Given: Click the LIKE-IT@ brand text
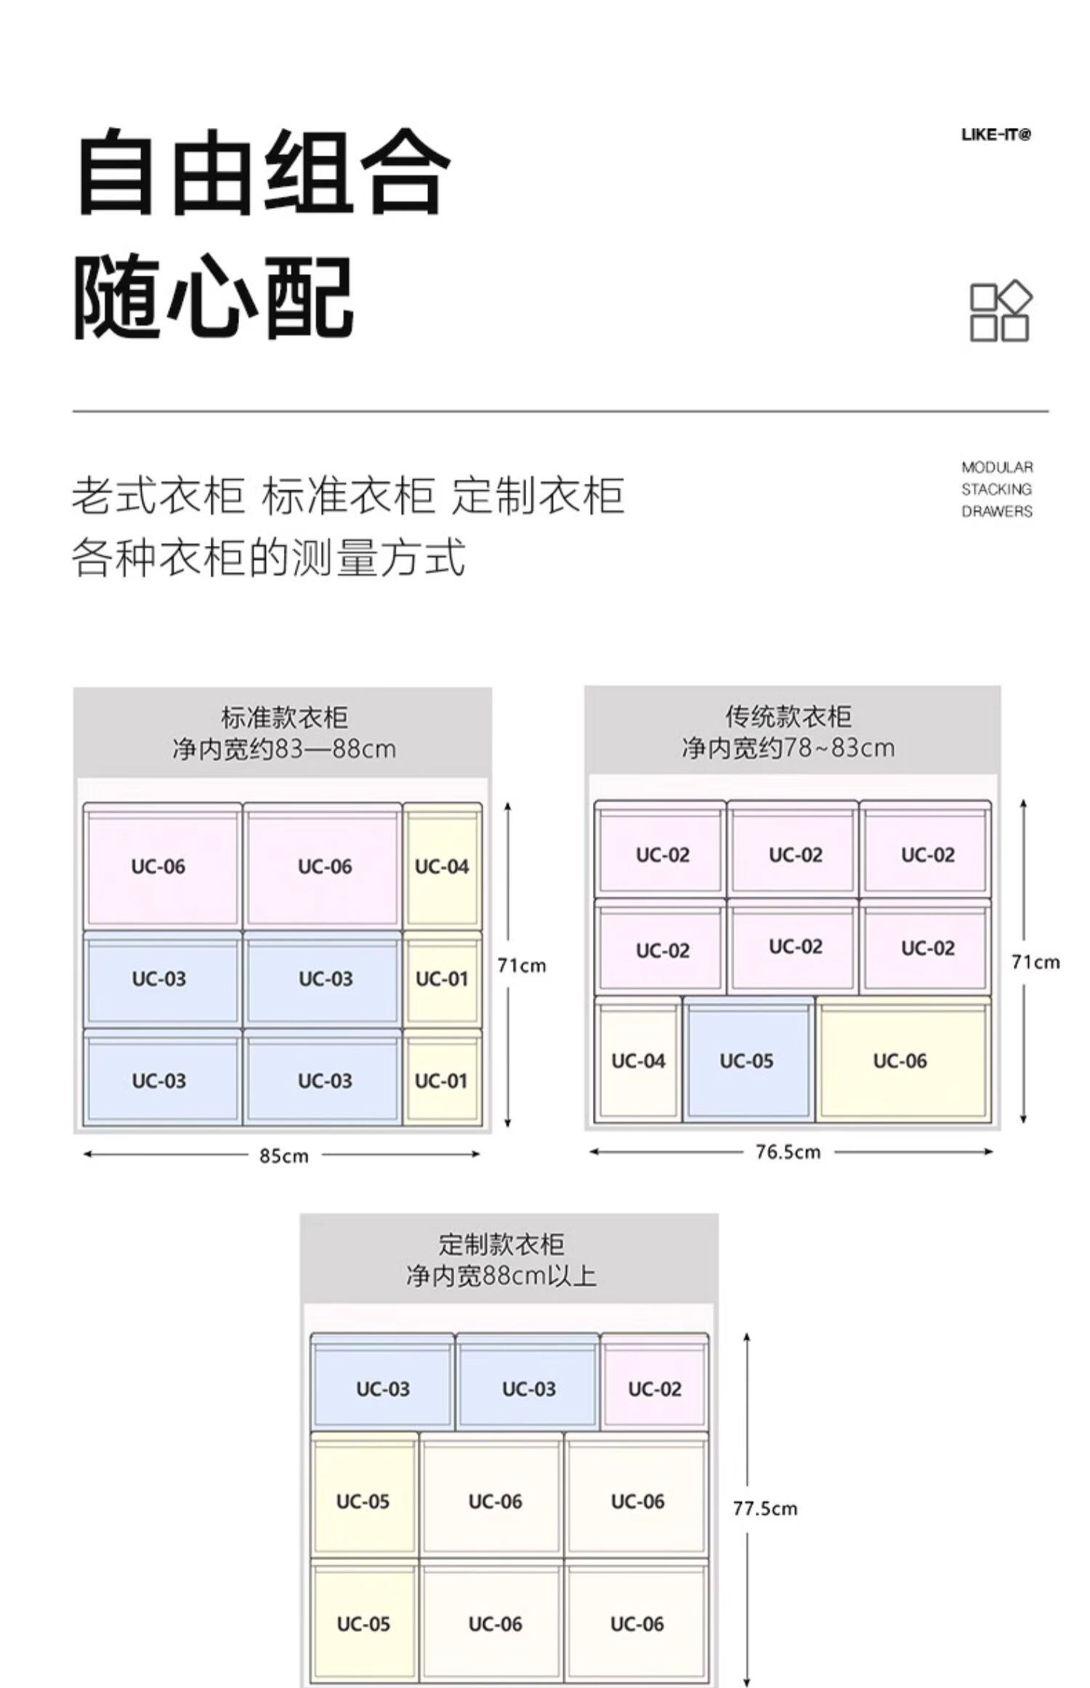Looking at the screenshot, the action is point(996,134).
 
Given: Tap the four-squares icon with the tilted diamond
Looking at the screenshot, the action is point(1001,311).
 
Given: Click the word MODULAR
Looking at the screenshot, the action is point(996,467).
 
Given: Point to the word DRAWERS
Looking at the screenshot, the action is point(996,511).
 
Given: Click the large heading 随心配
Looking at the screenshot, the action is point(214,297).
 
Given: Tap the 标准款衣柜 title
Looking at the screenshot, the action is point(284,718).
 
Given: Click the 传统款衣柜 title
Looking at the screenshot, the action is point(788,716).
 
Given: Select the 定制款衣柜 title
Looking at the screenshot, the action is point(501,1244).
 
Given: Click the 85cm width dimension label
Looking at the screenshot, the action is point(284,1155).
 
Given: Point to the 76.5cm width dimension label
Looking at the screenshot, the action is point(788,1152).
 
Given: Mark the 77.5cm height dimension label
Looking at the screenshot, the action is point(764,1508).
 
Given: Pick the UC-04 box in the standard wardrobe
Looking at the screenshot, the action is point(442,867).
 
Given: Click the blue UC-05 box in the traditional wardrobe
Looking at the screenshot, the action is point(747,1061).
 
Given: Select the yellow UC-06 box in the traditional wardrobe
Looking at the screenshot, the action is point(900,1061).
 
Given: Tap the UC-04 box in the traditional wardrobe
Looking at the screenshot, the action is point(638,1061).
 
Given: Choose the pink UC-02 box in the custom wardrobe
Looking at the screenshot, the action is point(655,1388).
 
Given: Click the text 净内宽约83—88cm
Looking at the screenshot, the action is point(284,748).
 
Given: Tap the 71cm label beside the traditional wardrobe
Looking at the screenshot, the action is point(1035,962).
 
